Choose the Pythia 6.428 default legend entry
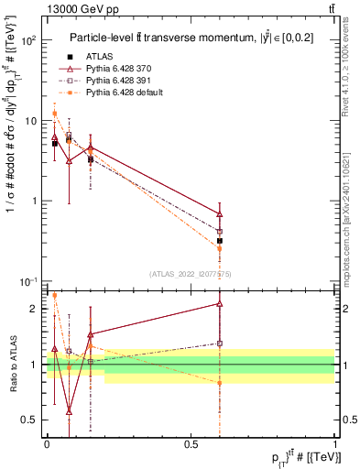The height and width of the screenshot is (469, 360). (x=127, y=93)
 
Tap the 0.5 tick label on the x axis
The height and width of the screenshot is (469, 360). (x=191, y=443)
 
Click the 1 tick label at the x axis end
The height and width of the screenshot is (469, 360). (x=335, y=443)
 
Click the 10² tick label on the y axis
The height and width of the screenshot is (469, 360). (x=31, y=40)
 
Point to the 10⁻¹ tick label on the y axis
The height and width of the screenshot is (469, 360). (x=31, y=281)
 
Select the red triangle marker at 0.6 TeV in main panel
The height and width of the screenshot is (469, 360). (x=220, y=213)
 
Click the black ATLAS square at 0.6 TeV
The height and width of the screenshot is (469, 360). (x=220, y=241)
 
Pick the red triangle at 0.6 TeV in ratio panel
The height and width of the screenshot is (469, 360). (x=220, y=303)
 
